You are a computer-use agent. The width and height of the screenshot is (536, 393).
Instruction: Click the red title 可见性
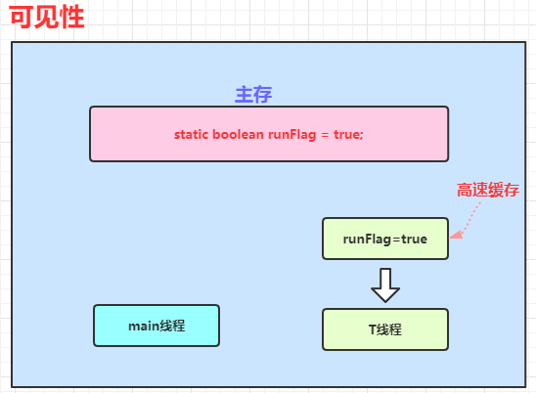pyautogui.click(x=47, y=17)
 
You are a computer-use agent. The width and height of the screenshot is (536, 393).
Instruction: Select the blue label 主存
pyautogui.click(x=253, y=94)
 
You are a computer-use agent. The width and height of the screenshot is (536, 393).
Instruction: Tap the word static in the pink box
pyautogui.click(x=191, y=134)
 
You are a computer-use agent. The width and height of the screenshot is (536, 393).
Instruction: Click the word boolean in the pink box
pyautogui.click(x=238, y=134)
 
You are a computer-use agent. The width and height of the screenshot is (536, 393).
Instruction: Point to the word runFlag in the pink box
pyautogui.click(x=291, y=135)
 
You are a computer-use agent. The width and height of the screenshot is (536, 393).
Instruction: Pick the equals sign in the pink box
pyautogui.click(x=325, y=135)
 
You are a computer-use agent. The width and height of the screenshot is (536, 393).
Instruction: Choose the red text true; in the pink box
pyautogui.click(x=348, y=134)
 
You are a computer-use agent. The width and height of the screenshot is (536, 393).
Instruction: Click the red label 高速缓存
pyautogui.click(x=488, y=190)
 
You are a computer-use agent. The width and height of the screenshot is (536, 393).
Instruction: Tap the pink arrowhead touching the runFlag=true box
pyautogui.click(x=456, y=235)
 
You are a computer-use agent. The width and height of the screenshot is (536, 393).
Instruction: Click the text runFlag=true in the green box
pyautogui.click(x=385, y=240)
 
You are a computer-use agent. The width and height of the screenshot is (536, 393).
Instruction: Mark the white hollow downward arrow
pyautogui.click(x=385, y=285)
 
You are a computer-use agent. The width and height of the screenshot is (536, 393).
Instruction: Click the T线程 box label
pyautogui.click(x=385, y=329)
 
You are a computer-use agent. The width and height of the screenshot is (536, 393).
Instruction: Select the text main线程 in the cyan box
pyautogui.click(x=156, y=326)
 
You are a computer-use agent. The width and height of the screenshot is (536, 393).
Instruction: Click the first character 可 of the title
pyautogui.click(x=22, y=17)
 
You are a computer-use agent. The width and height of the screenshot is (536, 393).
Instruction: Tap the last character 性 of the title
pyautogui.click(x=71, y=17)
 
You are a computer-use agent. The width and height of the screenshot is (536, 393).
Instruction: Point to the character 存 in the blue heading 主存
pyautogui.click(x=263, y=94)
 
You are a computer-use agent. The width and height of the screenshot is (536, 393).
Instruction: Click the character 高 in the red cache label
pyautogui.click(x=465, y=190)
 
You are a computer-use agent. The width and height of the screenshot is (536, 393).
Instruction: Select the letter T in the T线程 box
pyautogui.click(x=373, y=330)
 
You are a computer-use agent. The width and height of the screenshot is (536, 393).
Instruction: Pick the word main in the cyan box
pyautogui.click(x=144, y=327)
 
